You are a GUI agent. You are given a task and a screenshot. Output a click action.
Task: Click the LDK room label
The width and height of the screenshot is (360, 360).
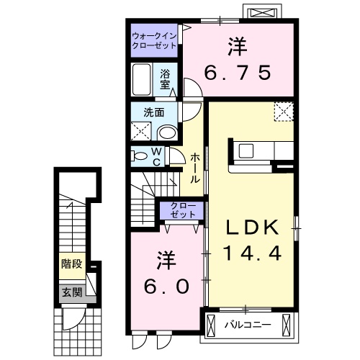click(252, 228)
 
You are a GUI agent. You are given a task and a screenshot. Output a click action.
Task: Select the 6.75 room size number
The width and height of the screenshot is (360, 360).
click(239, 72)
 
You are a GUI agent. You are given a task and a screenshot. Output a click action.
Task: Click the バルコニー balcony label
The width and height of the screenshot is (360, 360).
click(246, 324)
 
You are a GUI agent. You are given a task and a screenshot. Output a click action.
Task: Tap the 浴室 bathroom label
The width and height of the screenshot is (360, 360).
click(166, 78)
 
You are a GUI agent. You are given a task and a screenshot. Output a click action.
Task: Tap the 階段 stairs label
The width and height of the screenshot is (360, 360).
click(70, 264)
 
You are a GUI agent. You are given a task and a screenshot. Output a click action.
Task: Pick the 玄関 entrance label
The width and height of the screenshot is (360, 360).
click(70, 292)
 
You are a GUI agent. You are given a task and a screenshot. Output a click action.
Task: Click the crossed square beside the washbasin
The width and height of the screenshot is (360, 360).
click(141, 131)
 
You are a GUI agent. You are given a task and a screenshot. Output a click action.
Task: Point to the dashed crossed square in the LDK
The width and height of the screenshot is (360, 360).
click(284, 112)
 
